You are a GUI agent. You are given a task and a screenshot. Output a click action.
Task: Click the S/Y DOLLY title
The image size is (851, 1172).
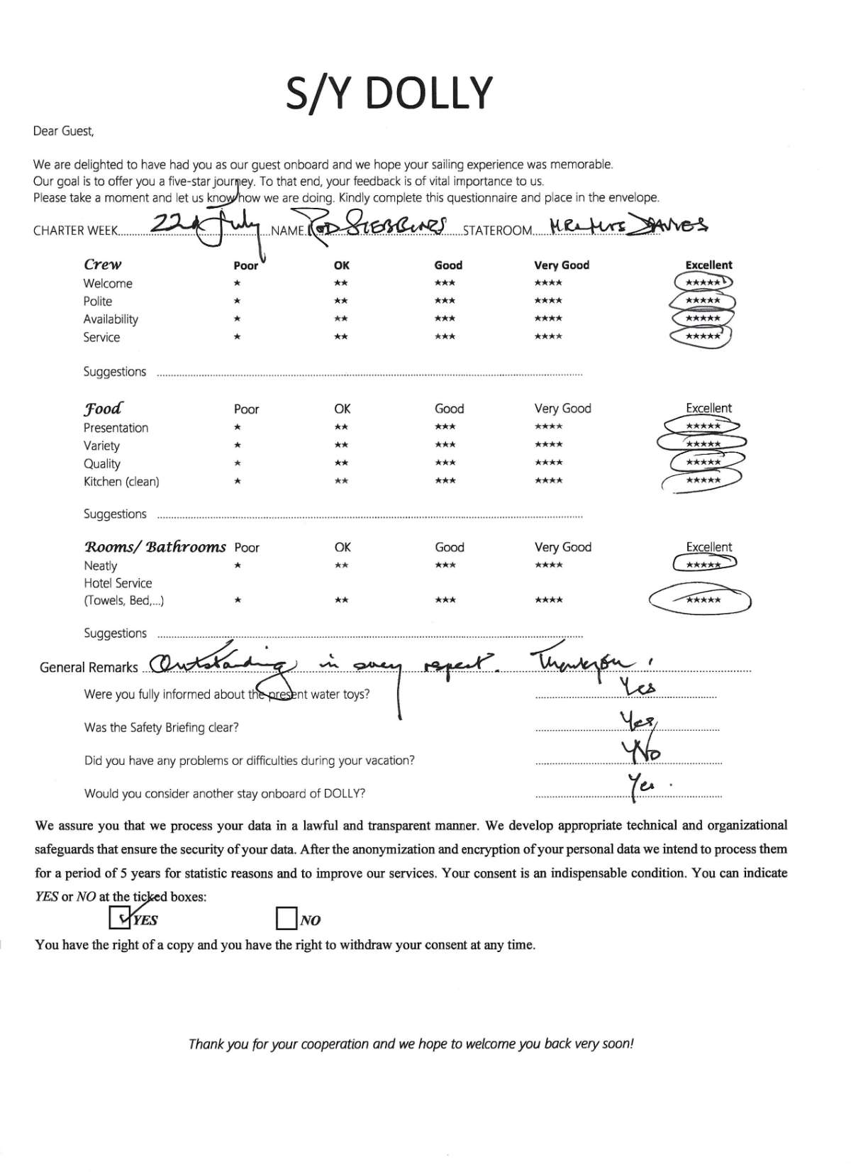coord(389,92)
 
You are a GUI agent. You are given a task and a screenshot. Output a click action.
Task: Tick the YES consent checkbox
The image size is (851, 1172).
coord(119,919)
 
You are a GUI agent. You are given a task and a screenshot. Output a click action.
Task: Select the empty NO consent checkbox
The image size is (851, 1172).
coord(285,919)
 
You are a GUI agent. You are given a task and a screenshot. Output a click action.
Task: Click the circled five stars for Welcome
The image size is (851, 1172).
coord(703,282)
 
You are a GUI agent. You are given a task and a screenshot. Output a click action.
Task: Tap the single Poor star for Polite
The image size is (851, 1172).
coord(238,301)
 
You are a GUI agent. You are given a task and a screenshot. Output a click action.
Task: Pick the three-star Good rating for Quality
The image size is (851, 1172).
coord(445,463)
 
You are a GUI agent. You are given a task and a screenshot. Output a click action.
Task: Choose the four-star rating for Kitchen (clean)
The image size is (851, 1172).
coord(548,481)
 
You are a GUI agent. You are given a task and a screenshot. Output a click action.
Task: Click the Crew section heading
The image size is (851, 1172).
coord(103,265)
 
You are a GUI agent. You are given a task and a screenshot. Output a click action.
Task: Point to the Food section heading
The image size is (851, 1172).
coord(103,409)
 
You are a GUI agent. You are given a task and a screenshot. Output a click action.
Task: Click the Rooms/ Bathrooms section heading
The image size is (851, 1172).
coord(155,547)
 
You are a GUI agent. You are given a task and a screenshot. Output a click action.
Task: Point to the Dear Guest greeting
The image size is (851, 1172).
coord(63,131)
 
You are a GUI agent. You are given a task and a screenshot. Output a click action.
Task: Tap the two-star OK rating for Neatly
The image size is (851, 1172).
coord(341,565)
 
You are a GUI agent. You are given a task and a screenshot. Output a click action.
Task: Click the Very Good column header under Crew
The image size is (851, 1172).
coord(562,265)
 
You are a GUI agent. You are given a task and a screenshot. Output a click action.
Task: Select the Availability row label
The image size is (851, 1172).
coord(111,319)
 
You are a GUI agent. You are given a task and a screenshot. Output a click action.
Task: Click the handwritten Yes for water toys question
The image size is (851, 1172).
coord(638,687)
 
